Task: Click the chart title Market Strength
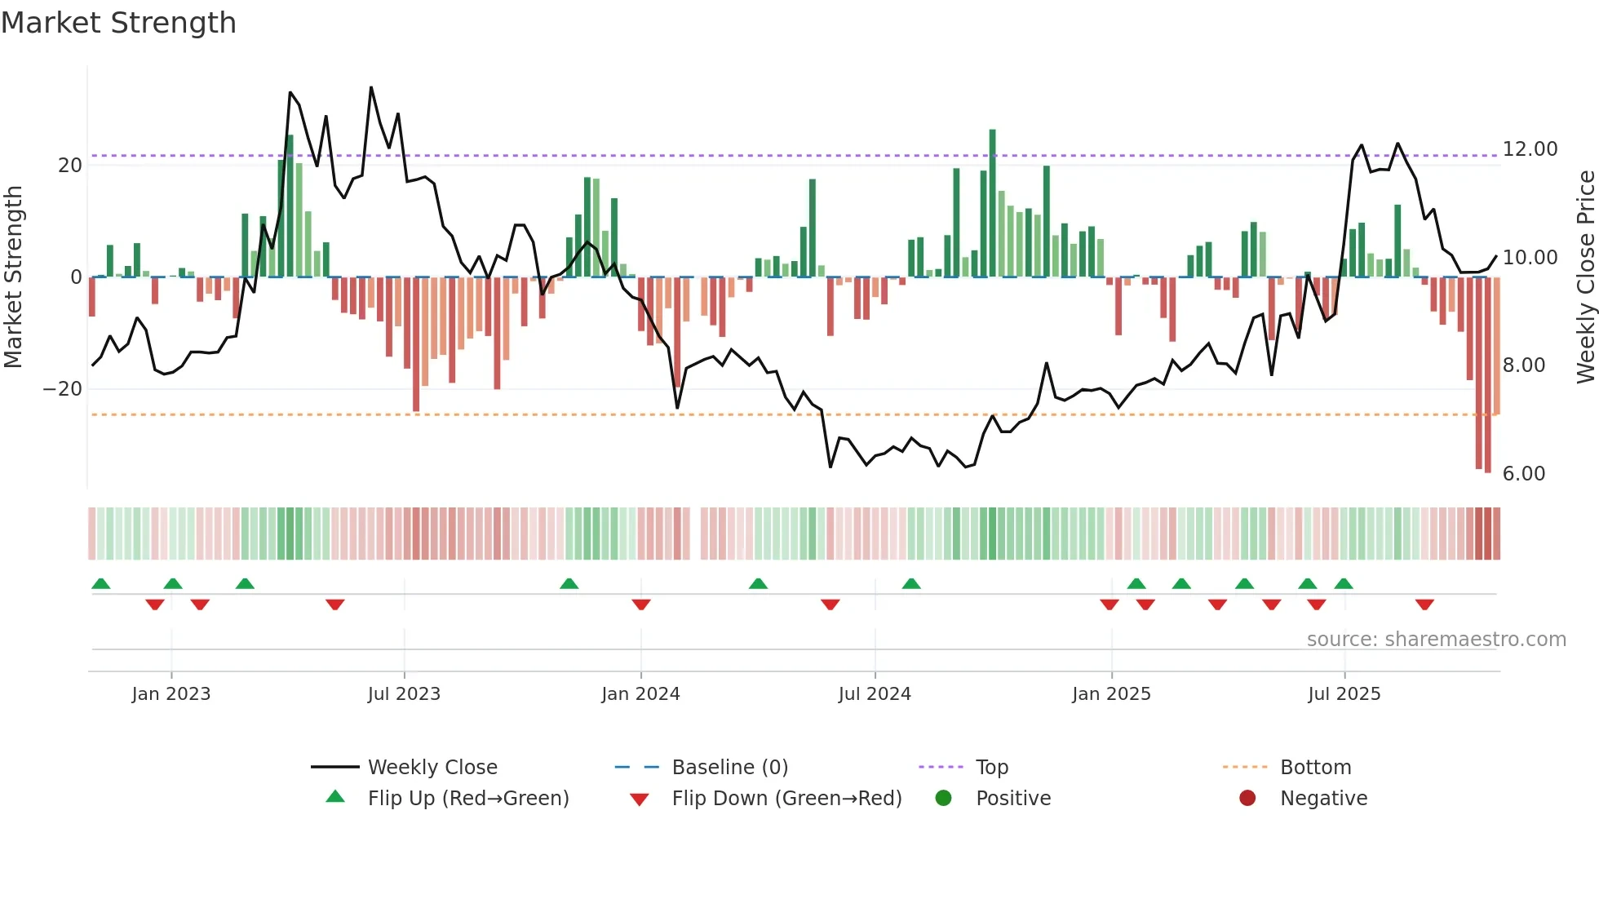(118, 23)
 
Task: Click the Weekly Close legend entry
(432, 767)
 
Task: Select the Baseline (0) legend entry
(729, 767)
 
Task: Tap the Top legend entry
(991, 767)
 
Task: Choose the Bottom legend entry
(1315, 767)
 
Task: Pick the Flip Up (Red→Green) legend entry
(467, 798)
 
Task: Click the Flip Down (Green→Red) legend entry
(786, 798)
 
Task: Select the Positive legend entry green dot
(944, 798)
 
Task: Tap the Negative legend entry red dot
(1247, 798)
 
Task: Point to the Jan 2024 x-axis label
(640, 693)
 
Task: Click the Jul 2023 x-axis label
(404, 693)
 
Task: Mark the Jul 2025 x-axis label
(1344, 693)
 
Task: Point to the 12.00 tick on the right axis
(1530, 148)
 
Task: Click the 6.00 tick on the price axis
(1523, 473)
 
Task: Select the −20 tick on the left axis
(63, 388)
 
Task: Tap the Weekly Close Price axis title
(1585, 277)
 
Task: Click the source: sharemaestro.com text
(1436, 639)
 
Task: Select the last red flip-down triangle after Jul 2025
(1424, 604)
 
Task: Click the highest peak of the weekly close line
(371, 87)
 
